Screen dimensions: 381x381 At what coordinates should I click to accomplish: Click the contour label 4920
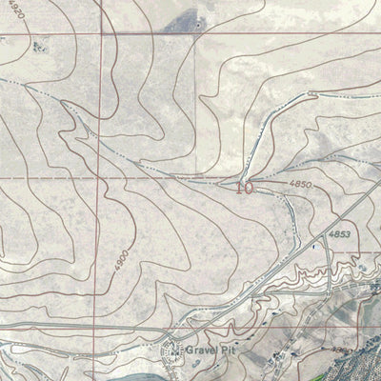11,17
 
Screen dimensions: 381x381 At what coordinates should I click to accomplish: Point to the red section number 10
245,189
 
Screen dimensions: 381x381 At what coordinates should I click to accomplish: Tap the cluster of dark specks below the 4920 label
40,46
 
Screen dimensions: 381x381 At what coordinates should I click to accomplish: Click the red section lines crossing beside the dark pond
194,36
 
